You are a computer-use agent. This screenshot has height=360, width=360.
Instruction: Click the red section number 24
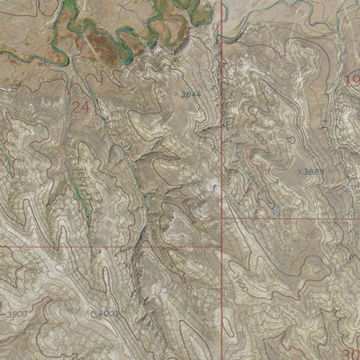coord(80,105)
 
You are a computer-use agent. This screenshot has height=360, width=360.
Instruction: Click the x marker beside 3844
coord(176,93)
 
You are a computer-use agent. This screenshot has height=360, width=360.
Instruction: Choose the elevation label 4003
coord(109,312)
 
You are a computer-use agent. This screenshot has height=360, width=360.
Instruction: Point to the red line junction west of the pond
coord(221,219)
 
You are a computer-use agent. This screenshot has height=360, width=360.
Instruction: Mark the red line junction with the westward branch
coord(221,246)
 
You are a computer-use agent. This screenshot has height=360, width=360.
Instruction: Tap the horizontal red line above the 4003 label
coord(108,246)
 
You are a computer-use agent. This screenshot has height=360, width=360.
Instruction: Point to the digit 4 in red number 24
coord(85,105)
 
